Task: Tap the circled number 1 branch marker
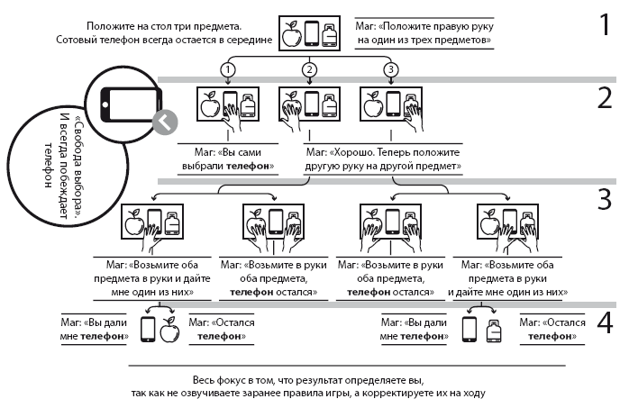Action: point(230,68)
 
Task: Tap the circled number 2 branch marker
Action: point(310,68)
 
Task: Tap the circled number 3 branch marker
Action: point(390,68)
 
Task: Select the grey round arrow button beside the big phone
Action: point(164,122)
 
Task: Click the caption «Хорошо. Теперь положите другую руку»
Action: point(383,160)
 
